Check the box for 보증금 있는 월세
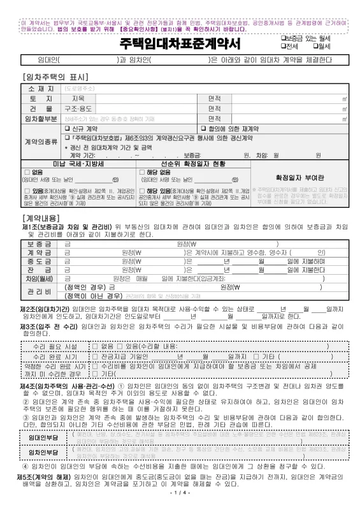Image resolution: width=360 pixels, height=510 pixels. [x=284, y=39]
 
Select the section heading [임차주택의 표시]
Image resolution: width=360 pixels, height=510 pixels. [x=50, y=75]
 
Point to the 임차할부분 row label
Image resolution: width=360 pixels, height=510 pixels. [x=40, y=119]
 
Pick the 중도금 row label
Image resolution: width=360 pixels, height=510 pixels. [x=40, y=261]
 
